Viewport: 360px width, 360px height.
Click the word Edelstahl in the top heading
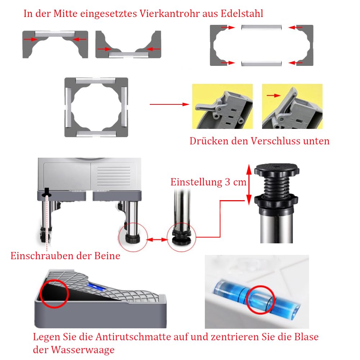[242, 14]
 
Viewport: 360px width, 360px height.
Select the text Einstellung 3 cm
[208, 182]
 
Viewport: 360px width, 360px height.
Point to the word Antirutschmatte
[134, 337]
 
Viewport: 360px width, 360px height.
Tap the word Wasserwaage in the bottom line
[83, 350]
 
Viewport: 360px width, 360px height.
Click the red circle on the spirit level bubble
[261, 300]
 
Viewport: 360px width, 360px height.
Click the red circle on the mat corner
[54, 294]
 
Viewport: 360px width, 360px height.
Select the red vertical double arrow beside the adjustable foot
[249, 185]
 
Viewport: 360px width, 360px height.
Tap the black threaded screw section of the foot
[276, 186]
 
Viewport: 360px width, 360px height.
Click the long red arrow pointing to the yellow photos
[170, 104]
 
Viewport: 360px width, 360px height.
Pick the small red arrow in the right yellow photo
[274, 95]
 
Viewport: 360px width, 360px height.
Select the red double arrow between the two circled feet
[157, 240]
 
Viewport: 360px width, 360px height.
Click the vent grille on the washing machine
[114, 176]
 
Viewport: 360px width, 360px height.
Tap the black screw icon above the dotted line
[47, 192]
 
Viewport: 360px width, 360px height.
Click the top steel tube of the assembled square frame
[95, 81]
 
